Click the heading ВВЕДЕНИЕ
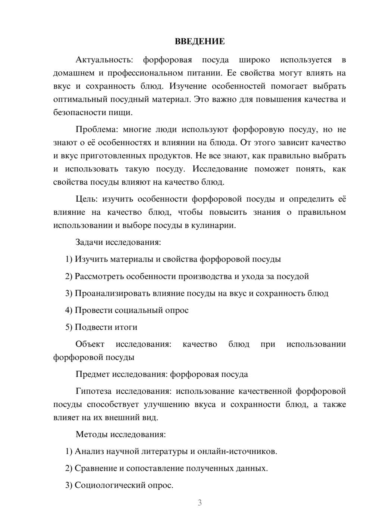point(200,41)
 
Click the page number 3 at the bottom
point(200,503)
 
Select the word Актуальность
point(104,60)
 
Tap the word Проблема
point(97,130)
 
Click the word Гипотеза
point(93,391)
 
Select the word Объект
point(90,344)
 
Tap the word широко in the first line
point(254,60)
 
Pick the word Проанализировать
point(112,293)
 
